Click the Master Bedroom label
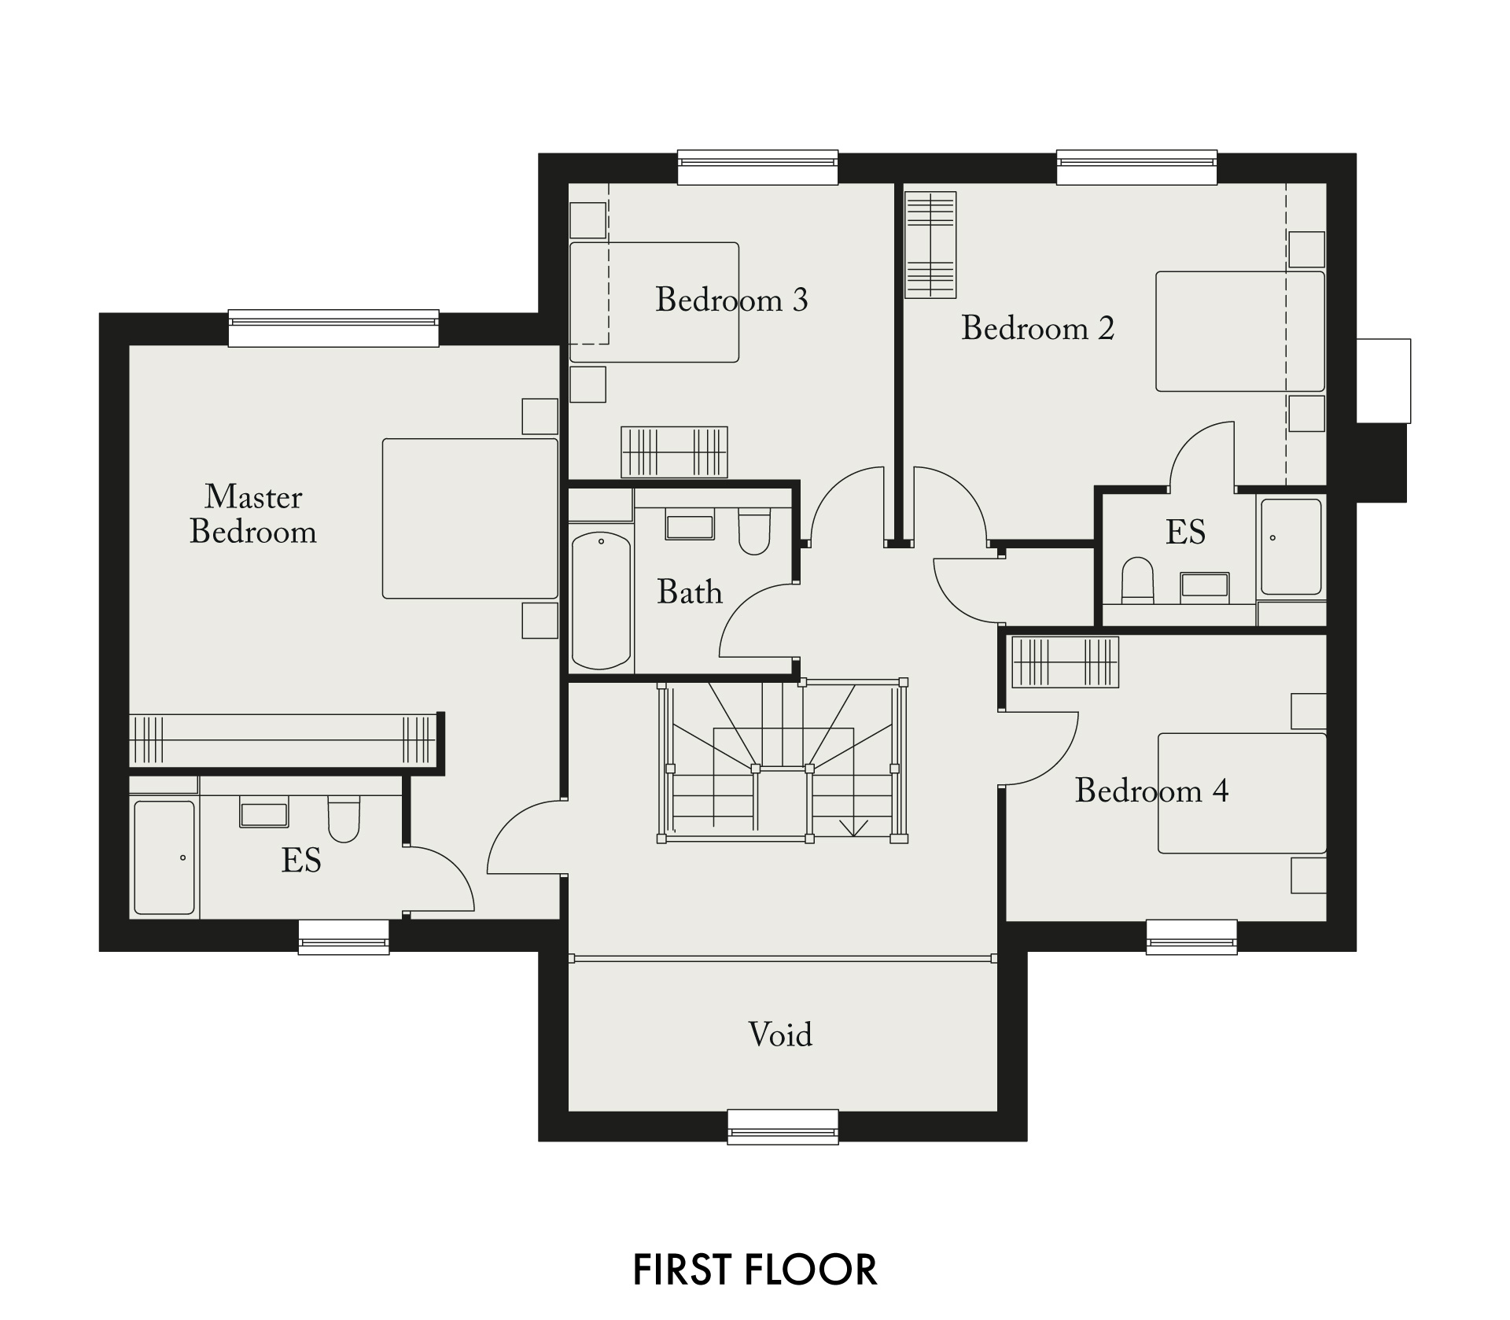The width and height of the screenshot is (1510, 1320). pos(253,514)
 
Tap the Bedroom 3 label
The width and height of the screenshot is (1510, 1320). pos(731,299)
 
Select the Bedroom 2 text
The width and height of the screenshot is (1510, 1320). pos(1037,328)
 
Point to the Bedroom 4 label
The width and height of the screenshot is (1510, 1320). pos(1151,791)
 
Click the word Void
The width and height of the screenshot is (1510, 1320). pos(780,1034)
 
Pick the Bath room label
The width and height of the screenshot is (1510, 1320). pos(690,592)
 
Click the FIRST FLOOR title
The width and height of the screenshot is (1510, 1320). pos(755,1270)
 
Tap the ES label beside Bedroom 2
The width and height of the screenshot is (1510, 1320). pos(1185,533)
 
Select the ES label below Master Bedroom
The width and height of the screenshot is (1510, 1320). pos(301,861)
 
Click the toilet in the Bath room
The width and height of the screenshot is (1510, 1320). pos(754,531)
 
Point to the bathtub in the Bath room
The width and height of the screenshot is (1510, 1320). pos(601,601)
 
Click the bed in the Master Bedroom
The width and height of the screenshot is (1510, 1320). pos(470,518)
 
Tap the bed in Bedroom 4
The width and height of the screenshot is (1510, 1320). pos(1242,793)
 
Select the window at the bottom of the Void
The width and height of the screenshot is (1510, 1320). pos(783,1126)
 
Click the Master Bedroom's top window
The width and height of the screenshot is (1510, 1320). pos(333,327)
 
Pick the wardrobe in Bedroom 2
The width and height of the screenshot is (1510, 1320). pos(930,245)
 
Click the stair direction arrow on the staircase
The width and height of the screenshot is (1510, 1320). pos(853,827)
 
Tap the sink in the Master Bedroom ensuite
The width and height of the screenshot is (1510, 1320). pos(264,812)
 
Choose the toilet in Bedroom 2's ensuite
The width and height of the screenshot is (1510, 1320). pos(1136,580)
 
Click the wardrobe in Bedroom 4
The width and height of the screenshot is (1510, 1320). pos(1065,662)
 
